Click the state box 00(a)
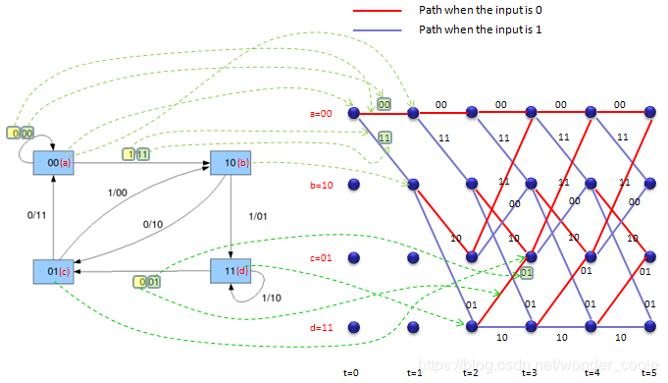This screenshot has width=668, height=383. coord(53,160)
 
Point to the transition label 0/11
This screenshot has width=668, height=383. coord(36,213)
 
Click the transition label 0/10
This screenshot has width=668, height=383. coord(152,224)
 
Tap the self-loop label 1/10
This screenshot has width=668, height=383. coord(271,296)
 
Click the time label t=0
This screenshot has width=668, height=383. coord(352,374)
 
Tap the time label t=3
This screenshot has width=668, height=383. coord(530,374)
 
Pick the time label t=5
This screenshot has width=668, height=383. coord(648,374)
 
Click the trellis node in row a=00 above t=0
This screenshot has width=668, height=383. coord(353,114)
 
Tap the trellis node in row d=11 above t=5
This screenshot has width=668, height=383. coord(648,327)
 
